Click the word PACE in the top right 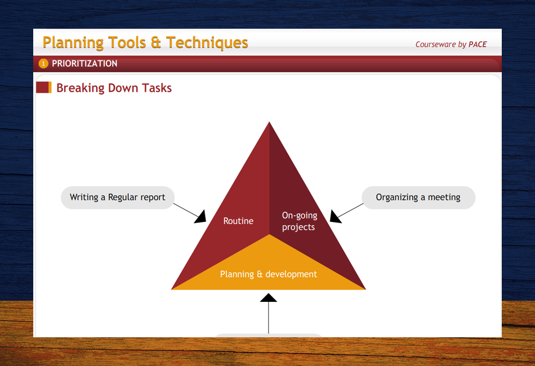(477, 44)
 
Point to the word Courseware (435, 44)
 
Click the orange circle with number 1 (44, 64)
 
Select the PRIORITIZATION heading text (84, 64)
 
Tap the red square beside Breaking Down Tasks (43, 87)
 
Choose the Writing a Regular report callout (118, 198)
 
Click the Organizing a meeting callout (418, 198)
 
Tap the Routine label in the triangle (238, 221)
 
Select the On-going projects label (299, 221)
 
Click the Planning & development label (269, 274)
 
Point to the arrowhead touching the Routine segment (201, 217)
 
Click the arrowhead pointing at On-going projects (335, 217)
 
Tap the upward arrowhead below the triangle (269, 297)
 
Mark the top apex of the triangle (269, 123)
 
